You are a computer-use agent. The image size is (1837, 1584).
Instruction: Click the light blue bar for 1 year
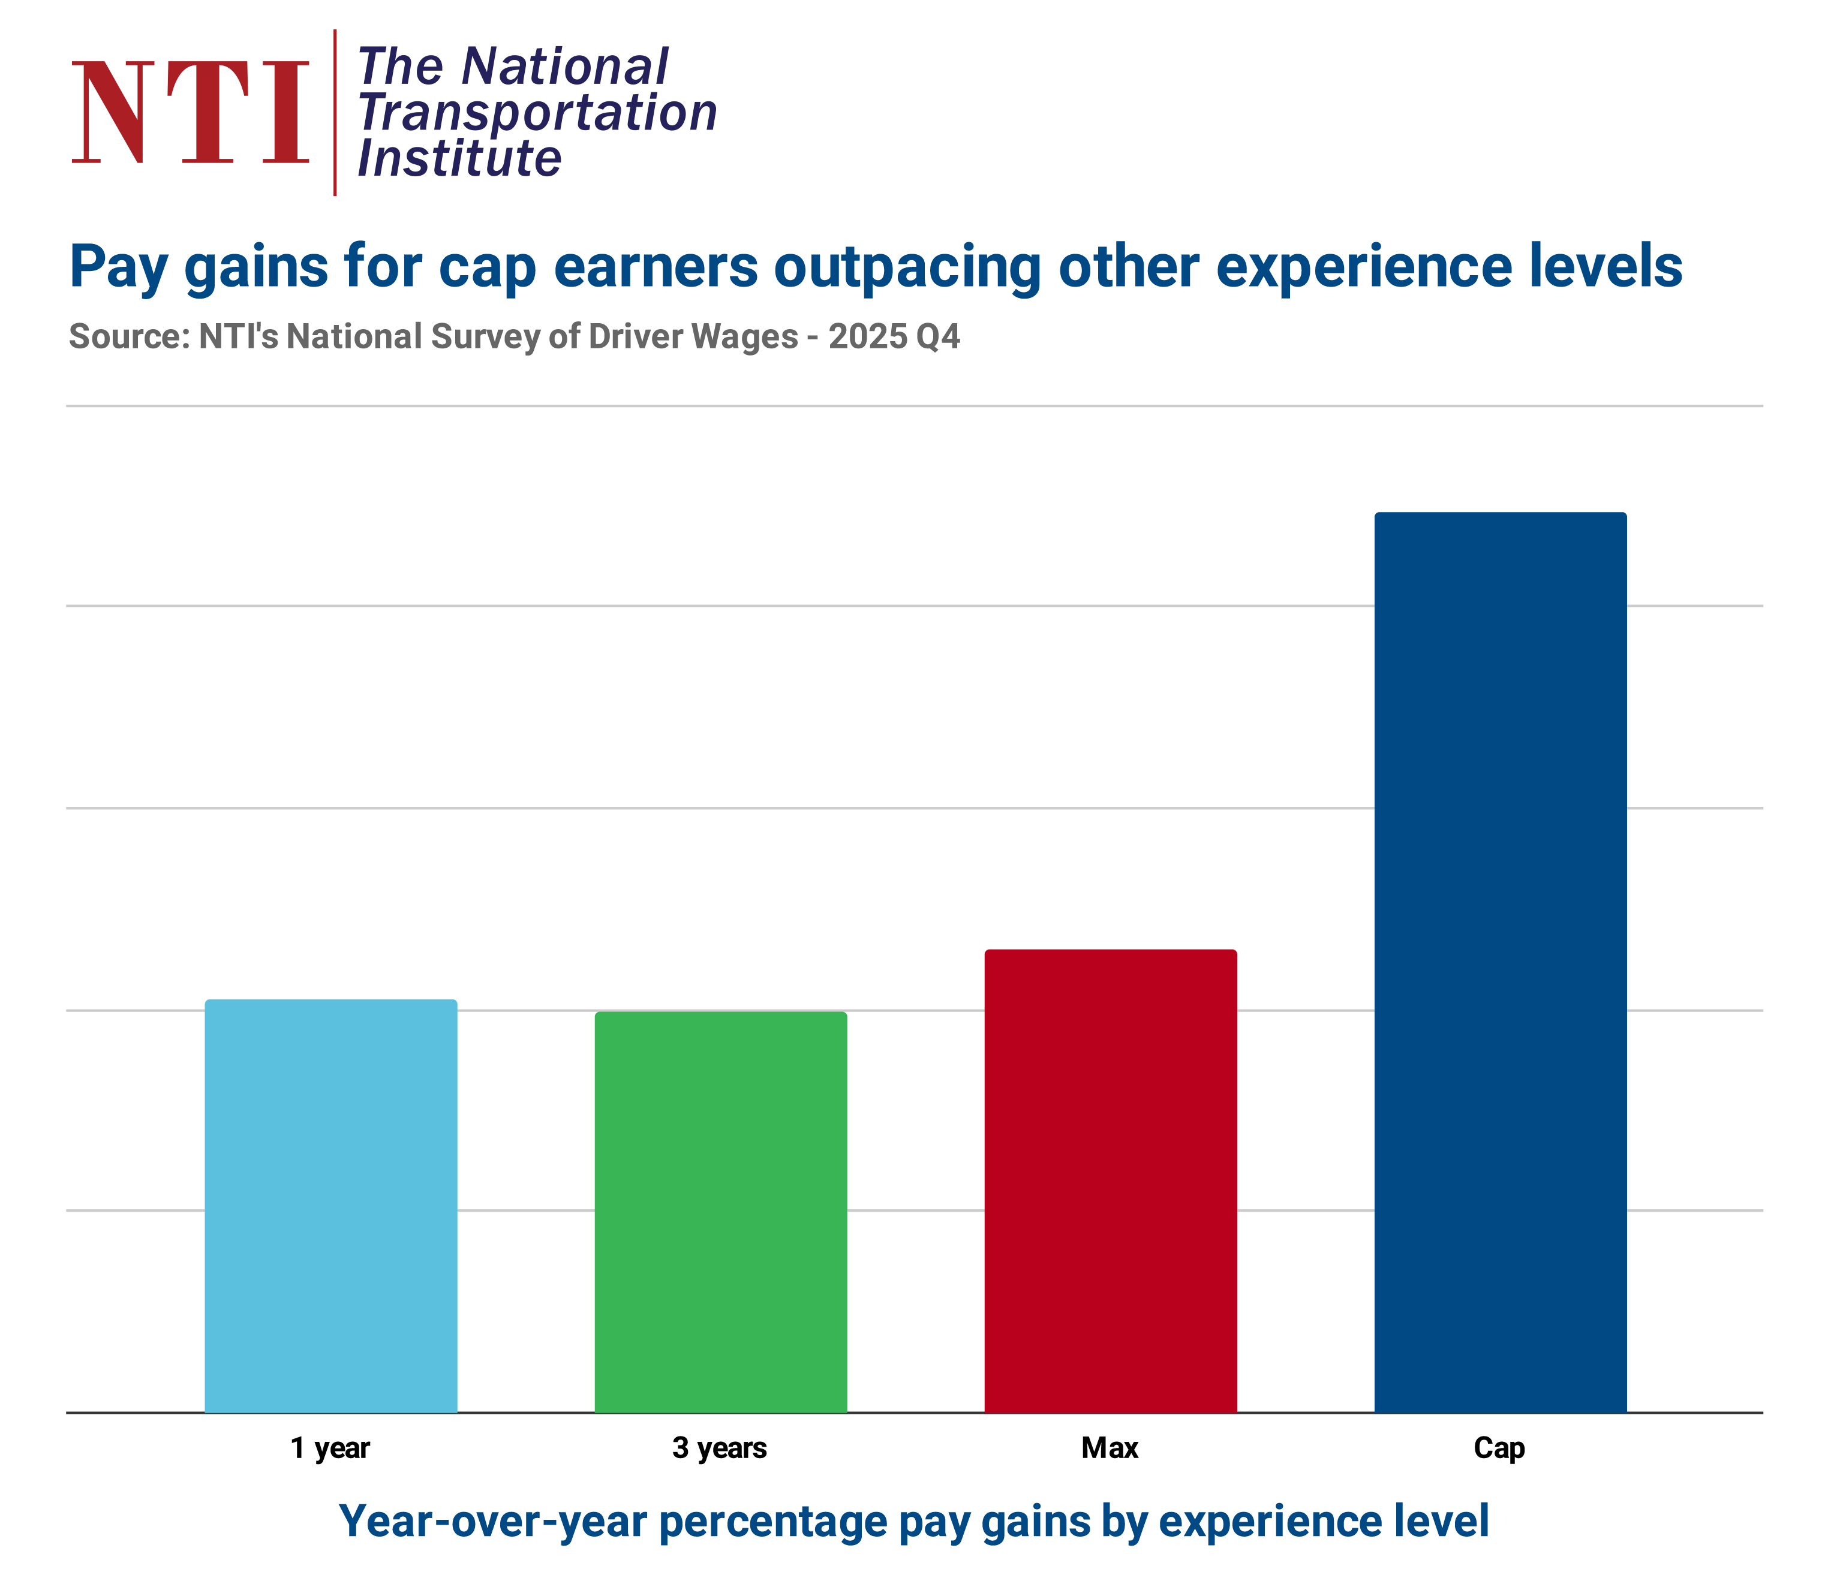[x=330, y=1206]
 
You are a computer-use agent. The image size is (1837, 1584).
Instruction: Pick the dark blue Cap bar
[x=1500, y=962]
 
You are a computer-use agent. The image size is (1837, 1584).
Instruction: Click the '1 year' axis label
[x=330, y=1449]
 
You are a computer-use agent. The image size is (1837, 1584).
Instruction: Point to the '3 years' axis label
[x=719, y=1449]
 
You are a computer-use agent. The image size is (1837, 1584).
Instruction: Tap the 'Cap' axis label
[x=1499, y=1449]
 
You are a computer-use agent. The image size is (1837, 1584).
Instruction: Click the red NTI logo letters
[x=191, y=113]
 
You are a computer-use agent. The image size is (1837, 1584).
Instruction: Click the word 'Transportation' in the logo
[x=537, y=113]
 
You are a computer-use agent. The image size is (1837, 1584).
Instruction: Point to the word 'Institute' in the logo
[x=459, y=159]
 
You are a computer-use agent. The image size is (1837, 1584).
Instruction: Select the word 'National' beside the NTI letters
[x=565, y=67]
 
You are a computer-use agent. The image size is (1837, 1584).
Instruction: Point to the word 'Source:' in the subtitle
[x=130, y=337]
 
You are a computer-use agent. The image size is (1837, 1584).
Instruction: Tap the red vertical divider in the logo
[x=335, y=113]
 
